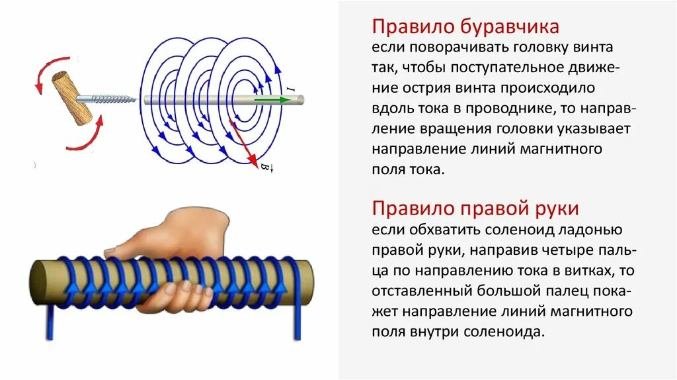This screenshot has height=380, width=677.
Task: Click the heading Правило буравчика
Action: coord(465,27)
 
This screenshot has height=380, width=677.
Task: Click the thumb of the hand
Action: coord(119,250)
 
